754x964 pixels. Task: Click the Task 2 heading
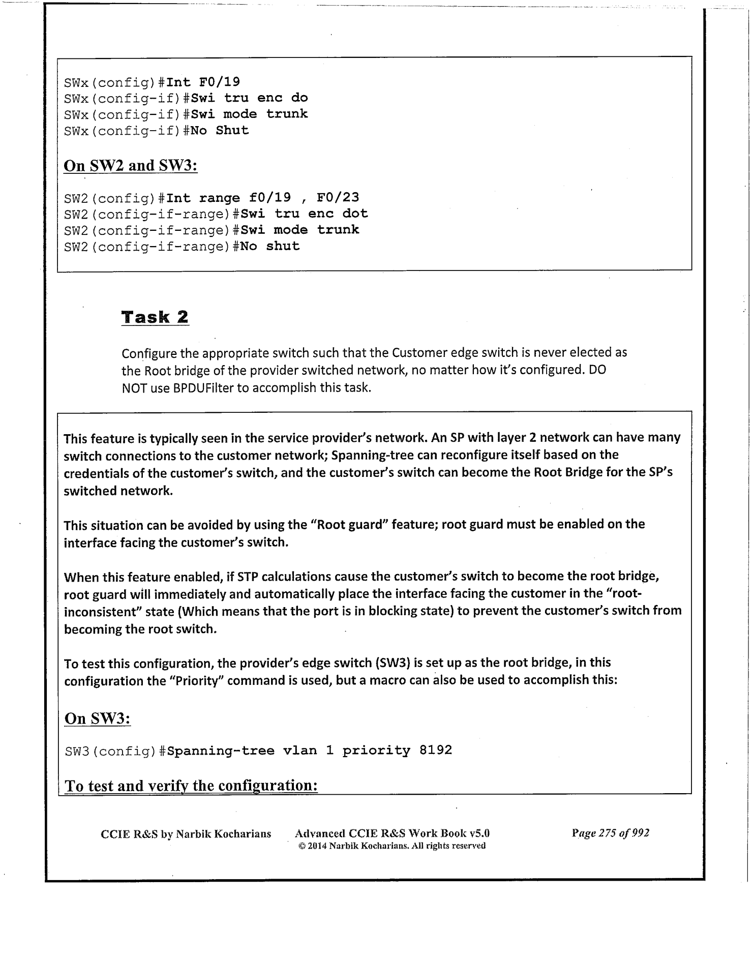[155, 317]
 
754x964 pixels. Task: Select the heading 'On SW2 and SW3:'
[130, 166]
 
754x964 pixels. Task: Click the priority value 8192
[436, 750]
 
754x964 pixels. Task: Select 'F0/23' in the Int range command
[338, 197]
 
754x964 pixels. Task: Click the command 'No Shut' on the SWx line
[216, 131]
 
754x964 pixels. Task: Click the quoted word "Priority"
[194, 680]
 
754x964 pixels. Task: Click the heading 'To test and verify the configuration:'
[192, 786]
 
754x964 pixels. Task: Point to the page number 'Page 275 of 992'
[610, 833]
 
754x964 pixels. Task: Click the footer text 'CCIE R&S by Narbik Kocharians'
[186, 834]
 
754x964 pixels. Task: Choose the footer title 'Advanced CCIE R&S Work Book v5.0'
[392, 833]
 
